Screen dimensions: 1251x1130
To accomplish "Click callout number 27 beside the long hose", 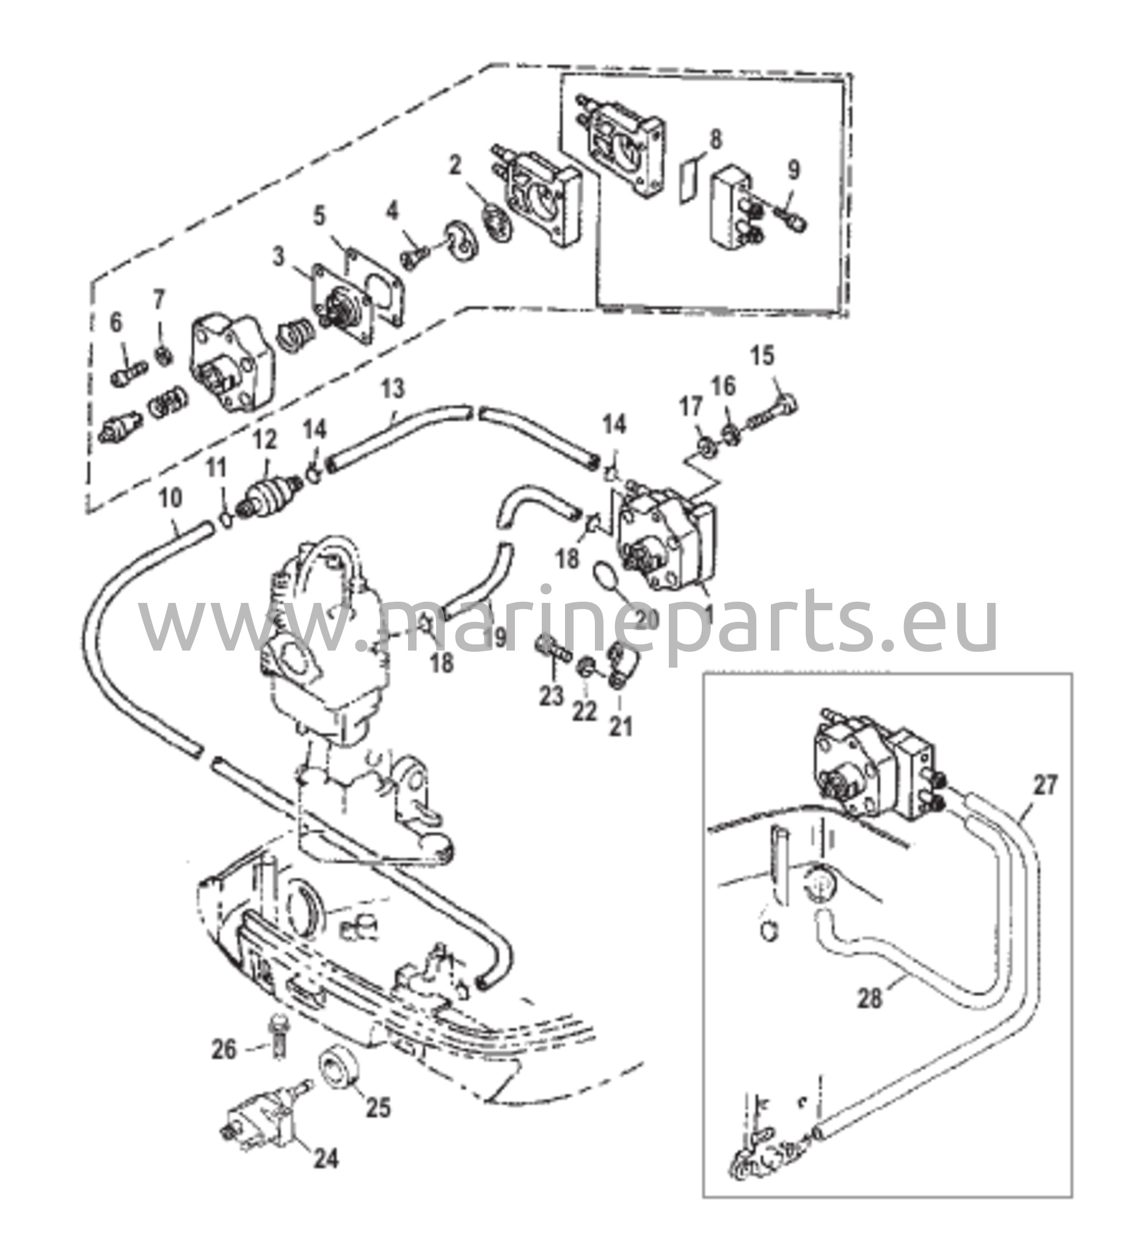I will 1044,785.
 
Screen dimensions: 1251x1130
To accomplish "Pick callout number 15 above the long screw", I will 763,356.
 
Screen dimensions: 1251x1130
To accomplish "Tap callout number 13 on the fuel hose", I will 392,389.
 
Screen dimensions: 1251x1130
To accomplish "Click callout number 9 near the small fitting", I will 793,170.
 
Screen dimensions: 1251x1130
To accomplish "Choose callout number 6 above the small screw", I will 116,322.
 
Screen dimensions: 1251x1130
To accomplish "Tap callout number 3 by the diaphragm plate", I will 279,255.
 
